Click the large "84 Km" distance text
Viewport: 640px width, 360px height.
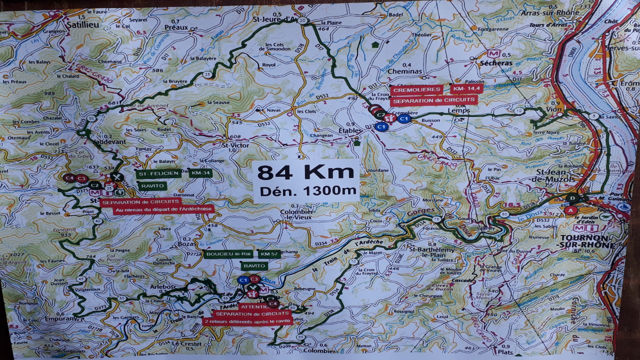[305, 172]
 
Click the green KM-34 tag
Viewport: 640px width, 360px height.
[200, 173]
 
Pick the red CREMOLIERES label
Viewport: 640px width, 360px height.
[416, 90]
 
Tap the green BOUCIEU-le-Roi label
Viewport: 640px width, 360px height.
[228, 254]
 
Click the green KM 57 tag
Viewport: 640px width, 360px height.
[269, 254]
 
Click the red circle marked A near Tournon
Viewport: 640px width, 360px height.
[570, 210]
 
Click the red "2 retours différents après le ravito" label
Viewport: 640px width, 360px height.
[247, 321]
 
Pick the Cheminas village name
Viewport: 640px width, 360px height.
[405, 71]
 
